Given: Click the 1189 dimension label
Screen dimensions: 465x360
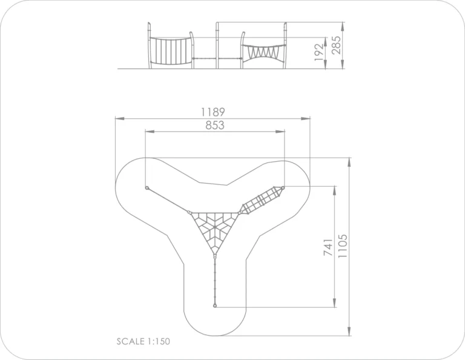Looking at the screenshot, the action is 213,112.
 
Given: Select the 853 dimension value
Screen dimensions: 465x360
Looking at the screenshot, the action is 215,125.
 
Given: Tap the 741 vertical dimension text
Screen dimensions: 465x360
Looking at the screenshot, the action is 328,247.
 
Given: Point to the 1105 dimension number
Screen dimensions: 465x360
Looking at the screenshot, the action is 342,246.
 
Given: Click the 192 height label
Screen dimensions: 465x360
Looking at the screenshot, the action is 319,52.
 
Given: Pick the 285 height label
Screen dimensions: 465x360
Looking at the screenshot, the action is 336,45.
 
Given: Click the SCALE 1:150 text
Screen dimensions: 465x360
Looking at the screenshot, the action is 143,341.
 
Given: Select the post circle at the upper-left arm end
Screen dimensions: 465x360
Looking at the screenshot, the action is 147,188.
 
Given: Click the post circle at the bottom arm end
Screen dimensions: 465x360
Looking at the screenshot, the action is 215,305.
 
